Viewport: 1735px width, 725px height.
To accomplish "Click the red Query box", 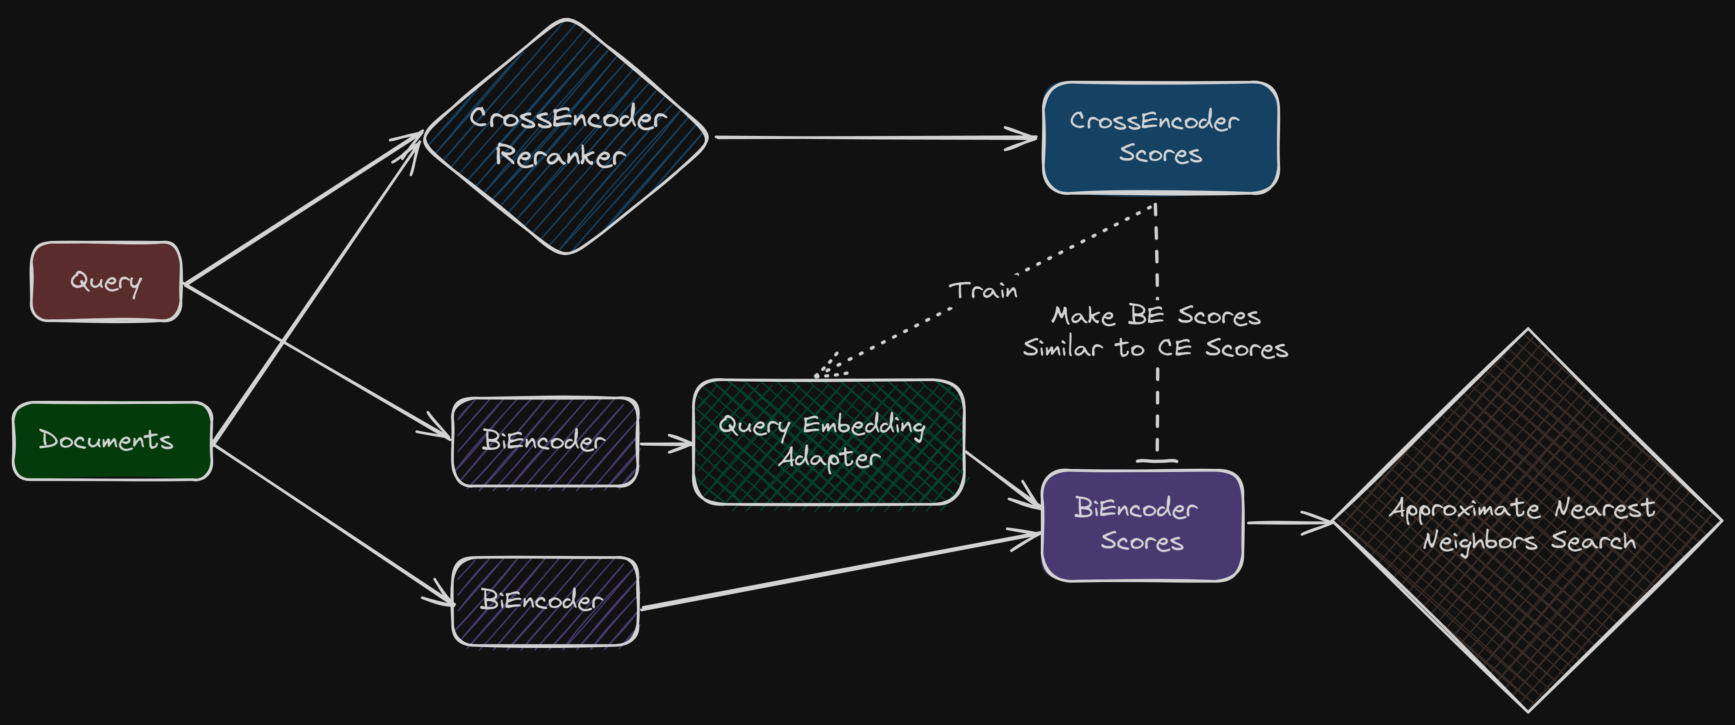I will coord(106,281).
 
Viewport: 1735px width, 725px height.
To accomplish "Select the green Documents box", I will coord(112,441).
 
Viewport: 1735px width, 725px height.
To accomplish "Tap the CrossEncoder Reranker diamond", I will coord(566,137).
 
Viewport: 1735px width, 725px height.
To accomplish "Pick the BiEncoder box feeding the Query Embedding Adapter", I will coord(544,442).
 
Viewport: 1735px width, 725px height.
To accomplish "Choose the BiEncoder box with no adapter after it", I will coord(544,600).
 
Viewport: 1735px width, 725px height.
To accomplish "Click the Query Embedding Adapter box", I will coord(828,442).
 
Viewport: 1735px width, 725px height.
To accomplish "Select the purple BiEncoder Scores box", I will coord(1141,525).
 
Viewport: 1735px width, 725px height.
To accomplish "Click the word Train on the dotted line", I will coord(983,291).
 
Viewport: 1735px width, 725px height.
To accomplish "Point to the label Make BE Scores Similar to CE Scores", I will coord(1155,332).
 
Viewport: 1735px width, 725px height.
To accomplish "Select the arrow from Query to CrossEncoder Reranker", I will coord(303,209).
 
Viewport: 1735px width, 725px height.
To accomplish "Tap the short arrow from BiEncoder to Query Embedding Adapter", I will coord(665,444).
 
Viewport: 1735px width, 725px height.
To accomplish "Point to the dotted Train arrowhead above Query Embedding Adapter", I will coord(828,367).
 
